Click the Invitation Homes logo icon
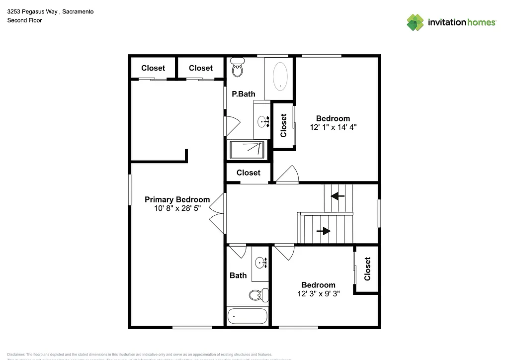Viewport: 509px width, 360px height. click(415, 22)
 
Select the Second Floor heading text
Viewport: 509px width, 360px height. click(24, 20)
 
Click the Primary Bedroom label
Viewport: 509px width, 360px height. click(177, 199)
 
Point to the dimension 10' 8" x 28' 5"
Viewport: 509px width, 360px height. click(177, 209)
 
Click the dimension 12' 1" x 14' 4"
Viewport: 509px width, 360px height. click(333, 127)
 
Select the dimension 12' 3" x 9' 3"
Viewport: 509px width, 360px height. click(318, 294)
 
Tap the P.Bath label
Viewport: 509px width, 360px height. click(244, 93)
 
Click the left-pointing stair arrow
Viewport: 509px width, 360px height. click(338, 196)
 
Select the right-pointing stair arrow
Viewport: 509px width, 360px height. click(324, 231)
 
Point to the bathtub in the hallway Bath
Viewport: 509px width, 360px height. click(248, 316)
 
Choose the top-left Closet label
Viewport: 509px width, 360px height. click(153, 68)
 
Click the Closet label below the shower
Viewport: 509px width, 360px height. click(248, 173)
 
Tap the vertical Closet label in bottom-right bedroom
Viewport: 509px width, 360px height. click(367, 269)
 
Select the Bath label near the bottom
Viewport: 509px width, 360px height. click(238, 275)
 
